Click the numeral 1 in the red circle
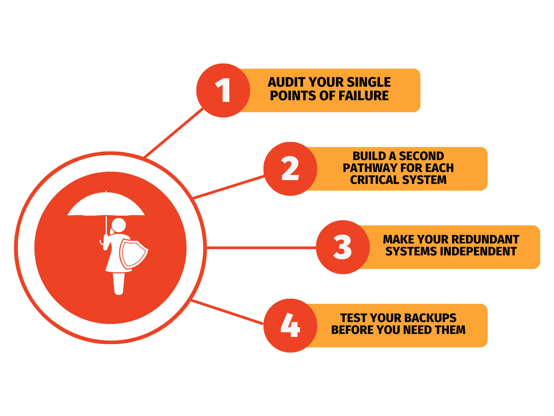click(x=223, y=90)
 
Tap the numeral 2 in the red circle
click(x=290, y=168)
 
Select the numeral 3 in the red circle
click(x=342, y=247)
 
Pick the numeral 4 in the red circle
click(x=290, y=325)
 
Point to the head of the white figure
click(x=119, y=225)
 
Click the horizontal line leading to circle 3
click(x=261, y=248)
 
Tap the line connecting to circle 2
click(x=229, y=187)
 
